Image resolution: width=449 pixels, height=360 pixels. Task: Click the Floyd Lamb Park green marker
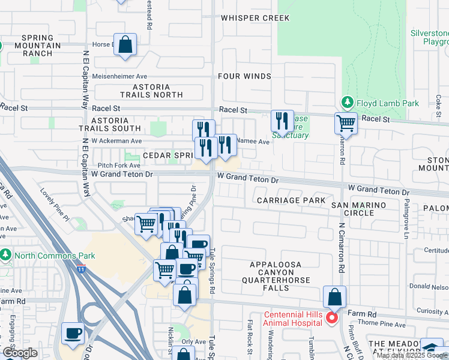point(346,103)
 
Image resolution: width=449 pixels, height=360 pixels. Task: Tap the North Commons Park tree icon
point(5,256)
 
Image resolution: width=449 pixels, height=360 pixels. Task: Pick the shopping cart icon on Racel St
point(346,123)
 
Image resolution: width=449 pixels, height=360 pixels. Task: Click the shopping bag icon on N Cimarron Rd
point(334,296)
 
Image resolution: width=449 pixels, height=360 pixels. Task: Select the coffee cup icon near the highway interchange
point(73,333)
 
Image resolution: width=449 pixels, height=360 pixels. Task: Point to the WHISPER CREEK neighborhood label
point(255,18)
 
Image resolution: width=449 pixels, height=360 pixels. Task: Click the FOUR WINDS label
point(245,76)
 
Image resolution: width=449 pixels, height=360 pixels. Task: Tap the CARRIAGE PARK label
point(291,200)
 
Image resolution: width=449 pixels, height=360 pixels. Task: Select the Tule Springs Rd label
point(212,272)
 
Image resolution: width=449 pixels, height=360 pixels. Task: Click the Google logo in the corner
point(20,353)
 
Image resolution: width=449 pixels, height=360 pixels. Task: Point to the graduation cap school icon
point(431,348)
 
